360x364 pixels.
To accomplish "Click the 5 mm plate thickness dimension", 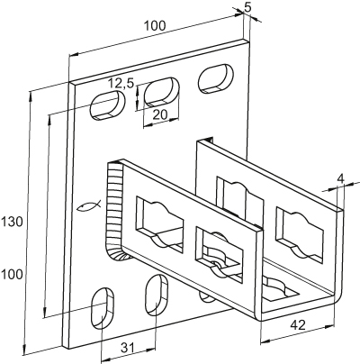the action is [247, 7].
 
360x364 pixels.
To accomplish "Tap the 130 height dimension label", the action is [12, 223].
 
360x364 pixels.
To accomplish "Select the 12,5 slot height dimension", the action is [121, 83].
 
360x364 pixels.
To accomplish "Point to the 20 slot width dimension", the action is [159, 114].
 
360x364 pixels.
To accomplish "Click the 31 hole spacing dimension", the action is [127, 348].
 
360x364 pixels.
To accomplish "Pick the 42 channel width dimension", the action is [298, 324].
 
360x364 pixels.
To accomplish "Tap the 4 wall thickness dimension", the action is [340, 179].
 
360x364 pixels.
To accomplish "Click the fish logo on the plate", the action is [89, 206].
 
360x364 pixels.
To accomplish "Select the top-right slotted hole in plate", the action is [216, 78].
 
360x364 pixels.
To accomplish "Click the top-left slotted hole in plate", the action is [108, 105].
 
